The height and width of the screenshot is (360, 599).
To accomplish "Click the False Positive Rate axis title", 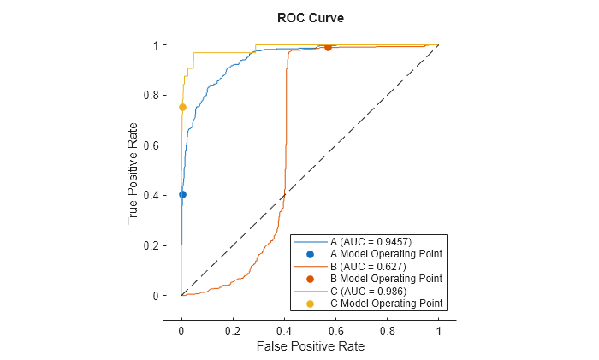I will (309, 346).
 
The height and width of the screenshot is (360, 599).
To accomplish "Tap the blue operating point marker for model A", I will (181, 194).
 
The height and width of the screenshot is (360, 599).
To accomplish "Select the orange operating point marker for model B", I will (328, 47).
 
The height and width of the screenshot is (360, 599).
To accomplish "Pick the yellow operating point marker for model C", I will (181, 107).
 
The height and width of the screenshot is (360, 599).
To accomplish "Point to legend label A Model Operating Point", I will (385, 254).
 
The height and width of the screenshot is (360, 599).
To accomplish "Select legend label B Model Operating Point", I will (385, 279).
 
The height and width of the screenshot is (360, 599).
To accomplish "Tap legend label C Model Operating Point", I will (385, 304).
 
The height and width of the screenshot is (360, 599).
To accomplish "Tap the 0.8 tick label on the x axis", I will (387, 329).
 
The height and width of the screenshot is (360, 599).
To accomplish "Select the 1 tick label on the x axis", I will (439, 329).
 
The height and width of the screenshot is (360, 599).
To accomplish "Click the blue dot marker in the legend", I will (310, 254).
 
